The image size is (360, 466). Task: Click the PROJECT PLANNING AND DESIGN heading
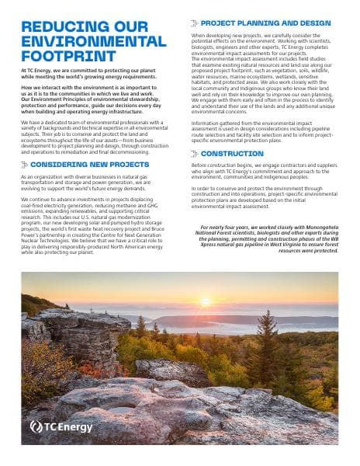(265, 23)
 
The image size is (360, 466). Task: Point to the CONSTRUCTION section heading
(233, 153)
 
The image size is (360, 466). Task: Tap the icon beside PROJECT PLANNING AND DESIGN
(194, 23)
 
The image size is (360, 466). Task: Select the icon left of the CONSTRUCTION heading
(194, 153)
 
